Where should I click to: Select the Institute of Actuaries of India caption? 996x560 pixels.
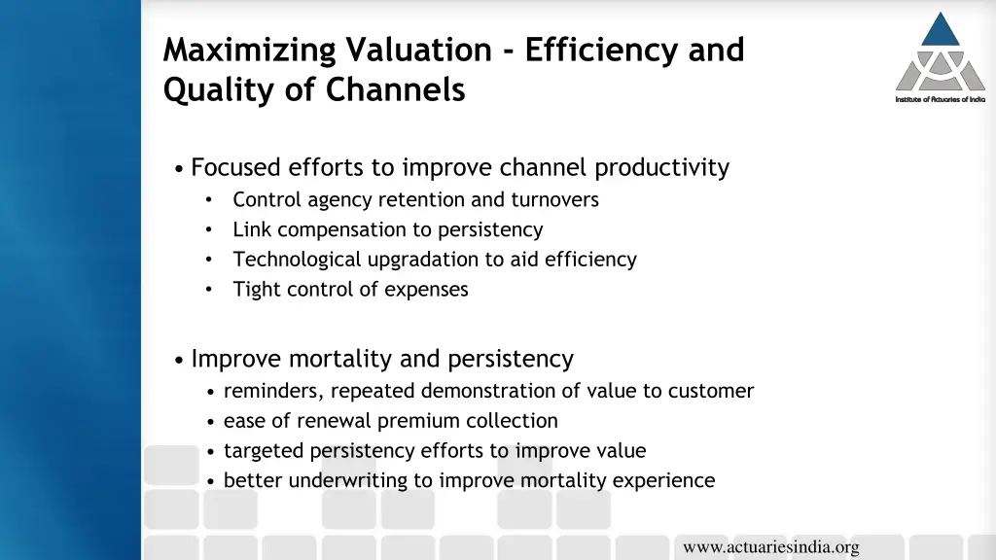click(x=940, y=99)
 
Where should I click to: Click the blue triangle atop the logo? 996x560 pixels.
click(x=941, y=30)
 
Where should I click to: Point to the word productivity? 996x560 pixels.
click(x=661, y=168)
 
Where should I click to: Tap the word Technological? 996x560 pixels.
click(x=297, y=260)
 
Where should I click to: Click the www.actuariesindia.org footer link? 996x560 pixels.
click(x=770, y=547)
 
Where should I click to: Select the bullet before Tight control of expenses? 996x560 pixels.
click(x=209, y=290)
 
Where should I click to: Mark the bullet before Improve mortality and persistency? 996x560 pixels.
click(x=181, y=361)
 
